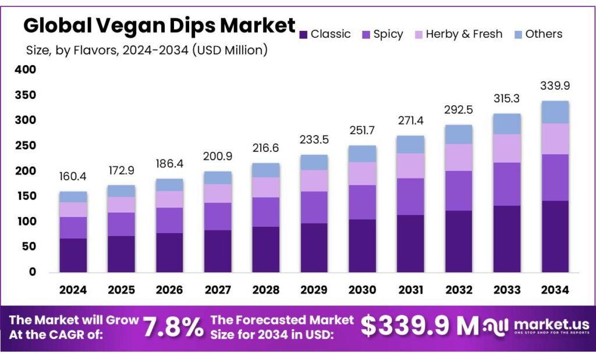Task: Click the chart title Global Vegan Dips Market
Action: point(159,26)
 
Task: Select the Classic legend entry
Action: point(330,34)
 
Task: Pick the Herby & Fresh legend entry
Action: point(463,34)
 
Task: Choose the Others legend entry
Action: point(544,34)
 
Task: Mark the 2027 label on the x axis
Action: point(218,290)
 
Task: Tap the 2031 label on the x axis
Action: point(410,290)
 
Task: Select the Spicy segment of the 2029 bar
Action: point(314,207)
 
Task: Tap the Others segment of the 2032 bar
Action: point(459,134)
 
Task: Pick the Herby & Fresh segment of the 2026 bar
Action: point(169,199)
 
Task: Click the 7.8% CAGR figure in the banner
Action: point(173,327)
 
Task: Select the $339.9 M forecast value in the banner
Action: point(418,326)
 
